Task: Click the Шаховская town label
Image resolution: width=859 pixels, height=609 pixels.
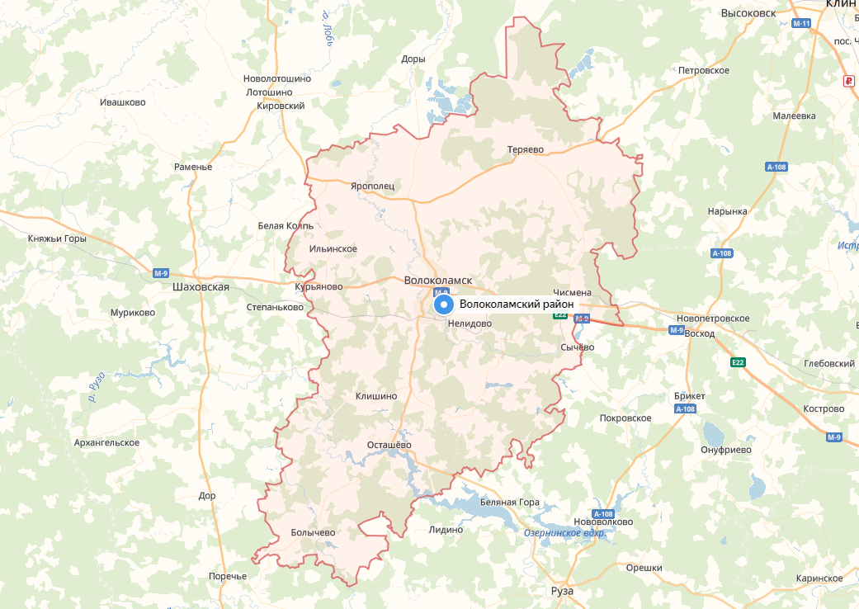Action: (201, 287)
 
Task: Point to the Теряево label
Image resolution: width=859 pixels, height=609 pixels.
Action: (525, 149)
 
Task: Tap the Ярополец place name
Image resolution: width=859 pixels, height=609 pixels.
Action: (372, 186)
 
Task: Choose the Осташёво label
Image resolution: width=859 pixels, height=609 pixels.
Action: (389, 446)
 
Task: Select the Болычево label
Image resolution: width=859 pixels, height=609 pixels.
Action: (313, 532)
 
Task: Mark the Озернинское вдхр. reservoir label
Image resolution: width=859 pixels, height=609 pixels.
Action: (565, 533)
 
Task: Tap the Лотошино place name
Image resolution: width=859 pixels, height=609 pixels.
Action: (269, 92)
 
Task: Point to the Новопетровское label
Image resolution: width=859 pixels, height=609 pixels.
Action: (712, 318)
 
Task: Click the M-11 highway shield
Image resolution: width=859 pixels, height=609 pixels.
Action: (801, 23)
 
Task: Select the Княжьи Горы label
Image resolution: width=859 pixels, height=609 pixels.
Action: (57, 238)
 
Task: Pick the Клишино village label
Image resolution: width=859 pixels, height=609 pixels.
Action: (375, 396)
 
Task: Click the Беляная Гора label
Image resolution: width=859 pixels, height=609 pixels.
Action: (509, 503)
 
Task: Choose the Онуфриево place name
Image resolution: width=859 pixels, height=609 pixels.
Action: (725, 450)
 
